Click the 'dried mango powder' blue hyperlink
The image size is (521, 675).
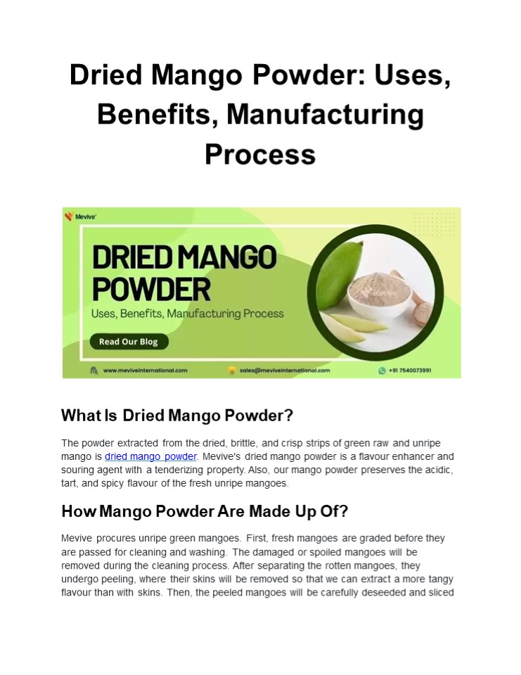click(150, 456)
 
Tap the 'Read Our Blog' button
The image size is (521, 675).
click(129, 342)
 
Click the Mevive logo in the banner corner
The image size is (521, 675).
click(80, 217)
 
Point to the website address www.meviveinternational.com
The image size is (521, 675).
click(145, 371)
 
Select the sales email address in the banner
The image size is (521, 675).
click(285, 371)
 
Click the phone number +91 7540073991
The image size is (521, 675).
click(410, 371)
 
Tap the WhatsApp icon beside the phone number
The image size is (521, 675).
click(382, 371)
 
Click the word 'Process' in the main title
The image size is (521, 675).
click(260, 154)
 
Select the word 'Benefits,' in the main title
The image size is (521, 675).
click(158, 115)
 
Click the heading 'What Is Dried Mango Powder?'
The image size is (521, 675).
click(177, 416)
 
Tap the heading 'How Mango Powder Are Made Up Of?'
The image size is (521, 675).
click(205, 511)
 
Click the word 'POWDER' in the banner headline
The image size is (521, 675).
click(152, 289)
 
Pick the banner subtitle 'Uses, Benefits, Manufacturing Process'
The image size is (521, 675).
click(187, 314)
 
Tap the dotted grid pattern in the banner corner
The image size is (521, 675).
click(434, 223)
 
